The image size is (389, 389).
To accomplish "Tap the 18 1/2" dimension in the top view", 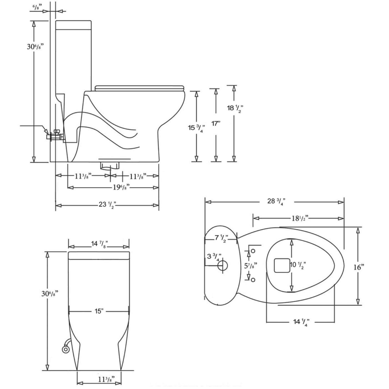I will pos(300,218).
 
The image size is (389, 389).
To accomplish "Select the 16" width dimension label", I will pos(359,267).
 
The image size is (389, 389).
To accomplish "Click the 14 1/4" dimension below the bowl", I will pos(301,322).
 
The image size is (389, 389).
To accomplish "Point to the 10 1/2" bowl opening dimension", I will pos(298,265).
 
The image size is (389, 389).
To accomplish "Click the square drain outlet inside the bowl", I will pos(281,265).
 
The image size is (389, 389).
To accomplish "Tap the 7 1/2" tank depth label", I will pos(221,238).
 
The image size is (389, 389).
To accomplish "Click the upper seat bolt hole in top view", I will pos(253,251).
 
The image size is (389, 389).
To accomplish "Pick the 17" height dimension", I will pos(216,123).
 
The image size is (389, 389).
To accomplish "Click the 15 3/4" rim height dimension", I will pos(196,128).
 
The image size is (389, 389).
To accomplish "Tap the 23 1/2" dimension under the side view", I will pos(107,205).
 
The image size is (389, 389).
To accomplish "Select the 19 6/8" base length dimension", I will pos(121,187).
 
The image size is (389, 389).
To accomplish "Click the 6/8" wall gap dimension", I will pos(36,8).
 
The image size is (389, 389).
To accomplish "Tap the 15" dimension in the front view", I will pos(99,311).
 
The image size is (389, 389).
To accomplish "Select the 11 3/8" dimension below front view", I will pos(106,379).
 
